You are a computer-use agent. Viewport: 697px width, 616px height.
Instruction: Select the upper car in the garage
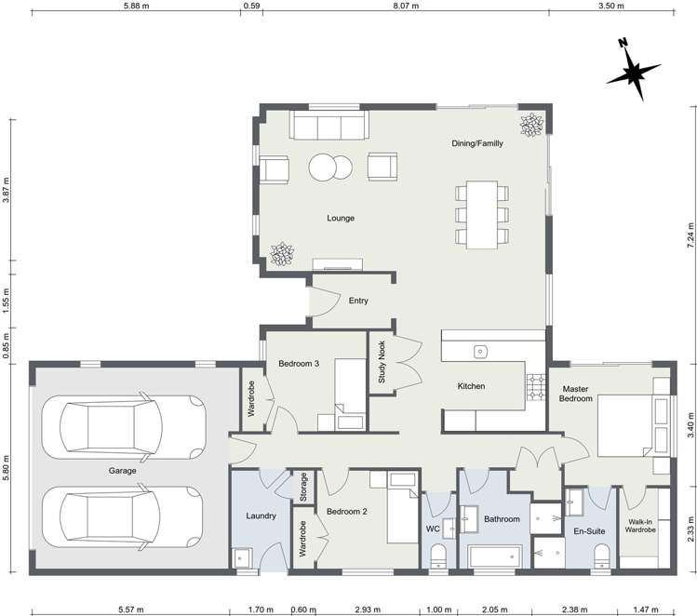click(131, 426)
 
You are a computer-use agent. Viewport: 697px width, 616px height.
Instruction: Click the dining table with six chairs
click(481, 215)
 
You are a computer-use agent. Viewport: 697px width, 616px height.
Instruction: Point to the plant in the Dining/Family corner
click(531, 125)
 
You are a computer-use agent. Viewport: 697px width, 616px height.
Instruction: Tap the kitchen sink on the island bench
click(481, 351)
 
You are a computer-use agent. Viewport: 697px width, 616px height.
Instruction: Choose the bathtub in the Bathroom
click(498, 556)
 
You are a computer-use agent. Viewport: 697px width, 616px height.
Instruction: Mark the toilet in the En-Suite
click(600, 556)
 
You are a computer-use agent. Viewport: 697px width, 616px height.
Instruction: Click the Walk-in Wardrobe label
click(642, 527)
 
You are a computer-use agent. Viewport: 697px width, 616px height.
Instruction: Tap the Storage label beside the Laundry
click(303, 487)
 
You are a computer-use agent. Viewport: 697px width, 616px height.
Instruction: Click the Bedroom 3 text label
click(299, 364)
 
